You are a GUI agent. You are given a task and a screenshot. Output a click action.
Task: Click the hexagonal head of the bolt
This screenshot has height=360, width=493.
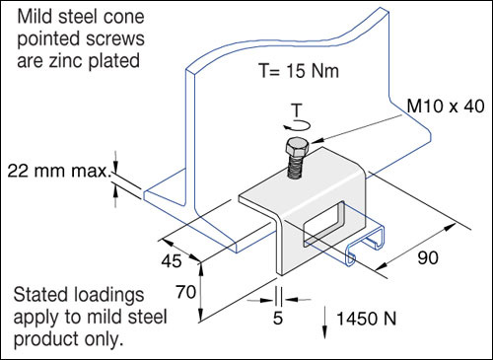pos(297,147)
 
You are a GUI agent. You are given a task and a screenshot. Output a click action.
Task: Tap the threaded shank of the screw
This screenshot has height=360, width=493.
pos(296,167)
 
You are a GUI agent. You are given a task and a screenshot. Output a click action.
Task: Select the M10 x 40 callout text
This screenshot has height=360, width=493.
pos(446,107)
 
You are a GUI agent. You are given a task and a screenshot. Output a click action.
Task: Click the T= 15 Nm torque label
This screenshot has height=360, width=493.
pos(299,71)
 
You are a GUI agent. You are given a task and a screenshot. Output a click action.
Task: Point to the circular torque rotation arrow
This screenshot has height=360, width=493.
pos(297,125)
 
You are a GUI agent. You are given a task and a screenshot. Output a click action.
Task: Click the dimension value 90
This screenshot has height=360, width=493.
pos(428,257)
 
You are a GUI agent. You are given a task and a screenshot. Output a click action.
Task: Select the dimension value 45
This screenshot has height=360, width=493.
pos(171,261)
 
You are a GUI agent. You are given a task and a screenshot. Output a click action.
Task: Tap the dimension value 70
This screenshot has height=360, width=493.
pos(186,292)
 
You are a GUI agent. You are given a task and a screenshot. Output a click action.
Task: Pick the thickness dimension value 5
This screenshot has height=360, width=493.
pos(278,318)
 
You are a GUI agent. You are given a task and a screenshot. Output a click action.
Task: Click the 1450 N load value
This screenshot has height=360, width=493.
pos(367,319)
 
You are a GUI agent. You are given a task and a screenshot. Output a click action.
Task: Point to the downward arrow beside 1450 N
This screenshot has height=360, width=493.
pos(324,323)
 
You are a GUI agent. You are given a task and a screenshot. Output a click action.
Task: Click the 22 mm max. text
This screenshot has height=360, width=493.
pos(59,171)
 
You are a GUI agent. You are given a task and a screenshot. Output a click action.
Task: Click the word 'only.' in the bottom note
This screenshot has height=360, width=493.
pos(105,339)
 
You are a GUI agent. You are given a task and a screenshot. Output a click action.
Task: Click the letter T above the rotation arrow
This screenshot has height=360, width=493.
pos(297,110)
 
